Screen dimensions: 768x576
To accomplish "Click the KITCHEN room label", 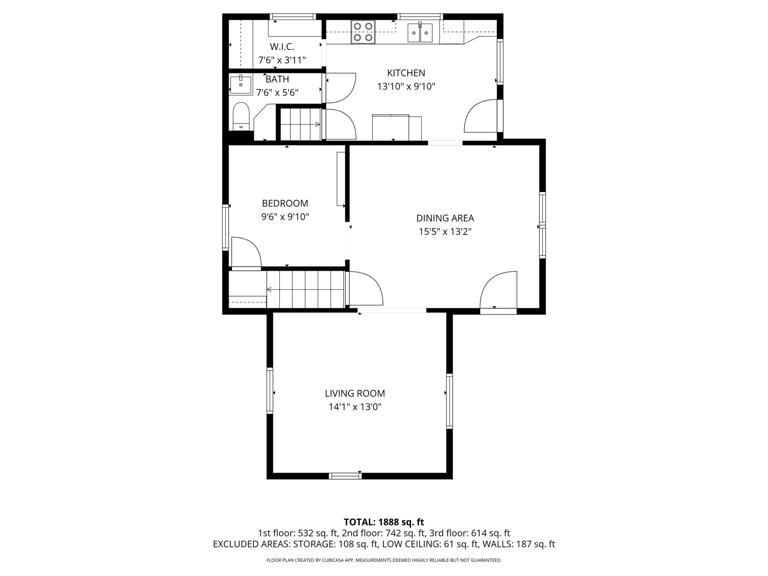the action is click(406, 73).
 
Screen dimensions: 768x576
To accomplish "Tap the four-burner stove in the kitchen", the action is click(363, 32).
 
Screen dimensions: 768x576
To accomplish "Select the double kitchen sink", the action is click(420, 33).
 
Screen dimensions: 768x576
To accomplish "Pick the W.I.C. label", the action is click(282, 46).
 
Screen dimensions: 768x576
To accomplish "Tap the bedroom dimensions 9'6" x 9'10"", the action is click(285, 217).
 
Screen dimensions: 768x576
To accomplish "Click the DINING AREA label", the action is click(445, 218).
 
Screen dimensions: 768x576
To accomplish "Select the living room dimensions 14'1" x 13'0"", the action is click(355, 406).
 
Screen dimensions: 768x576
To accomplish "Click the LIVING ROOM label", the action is click(355, 393).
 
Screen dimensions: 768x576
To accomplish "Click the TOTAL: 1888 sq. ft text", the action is click(384, 522).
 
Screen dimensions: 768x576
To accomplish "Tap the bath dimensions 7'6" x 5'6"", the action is click(277, 93).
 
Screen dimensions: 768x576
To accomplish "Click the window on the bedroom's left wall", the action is click(225, 227).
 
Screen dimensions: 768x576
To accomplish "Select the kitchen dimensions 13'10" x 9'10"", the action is click(406, 86).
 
